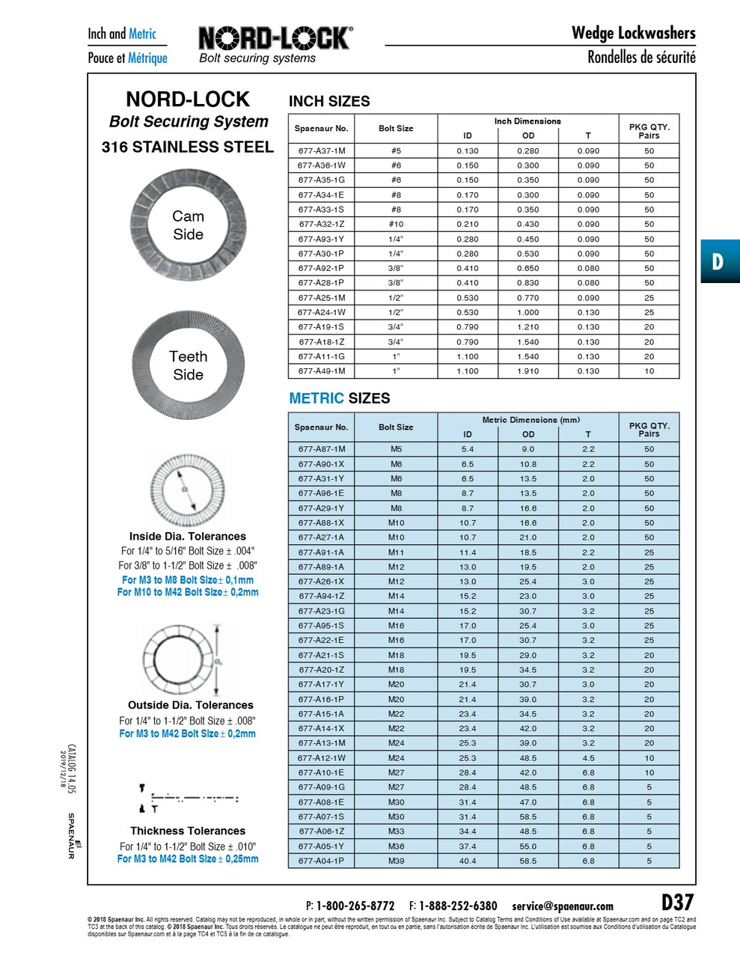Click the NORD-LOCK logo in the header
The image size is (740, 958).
(x=275, y=39)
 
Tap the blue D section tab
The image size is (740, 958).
(x=719, y=261)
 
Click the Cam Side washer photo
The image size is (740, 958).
(x=188, y=225)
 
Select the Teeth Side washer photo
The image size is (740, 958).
(x=188, y=365)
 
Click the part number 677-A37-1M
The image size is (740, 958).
(x=321, y=150)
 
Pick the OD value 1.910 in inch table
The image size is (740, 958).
(x=528, y=371)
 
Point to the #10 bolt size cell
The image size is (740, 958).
(x=396, y=224)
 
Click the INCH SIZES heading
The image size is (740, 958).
(x=329, y=101)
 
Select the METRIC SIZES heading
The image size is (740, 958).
(x=339, y=398)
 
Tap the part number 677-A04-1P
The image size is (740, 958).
(x=321, y=861)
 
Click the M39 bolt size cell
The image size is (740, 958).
(x=396, y=861)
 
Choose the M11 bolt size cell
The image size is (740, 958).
(x=396, y=552)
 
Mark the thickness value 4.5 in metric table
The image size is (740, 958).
(x=588, y=758)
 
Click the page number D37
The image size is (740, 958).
(x=677, y=902)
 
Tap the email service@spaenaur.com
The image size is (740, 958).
(x=562, y=906)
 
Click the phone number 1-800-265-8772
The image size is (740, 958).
(x=355, y=906)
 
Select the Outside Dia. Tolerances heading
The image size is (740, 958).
(x=190, y=705)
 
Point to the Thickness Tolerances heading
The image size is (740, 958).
(x=188, y=831)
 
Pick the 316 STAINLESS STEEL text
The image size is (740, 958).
(x=188, y=147)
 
